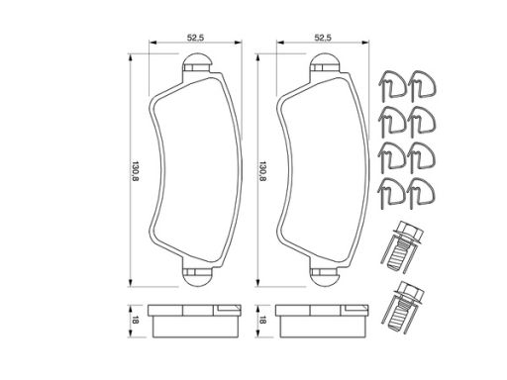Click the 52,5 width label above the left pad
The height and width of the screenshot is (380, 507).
point(195,38)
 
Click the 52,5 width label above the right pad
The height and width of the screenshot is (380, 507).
point(323,38)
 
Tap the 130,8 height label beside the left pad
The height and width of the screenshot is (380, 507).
point(136,171)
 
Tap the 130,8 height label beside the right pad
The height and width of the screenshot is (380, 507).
point(262,171)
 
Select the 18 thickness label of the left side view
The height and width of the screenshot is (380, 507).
point(136,320)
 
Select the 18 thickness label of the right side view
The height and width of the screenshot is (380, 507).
point(262,320)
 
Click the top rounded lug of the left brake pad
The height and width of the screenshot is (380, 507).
point(197,62)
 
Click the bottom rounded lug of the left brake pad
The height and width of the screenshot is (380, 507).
point(197,277)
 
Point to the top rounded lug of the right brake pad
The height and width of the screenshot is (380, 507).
point(325,62)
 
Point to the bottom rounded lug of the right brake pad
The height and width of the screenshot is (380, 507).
point(325,277)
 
